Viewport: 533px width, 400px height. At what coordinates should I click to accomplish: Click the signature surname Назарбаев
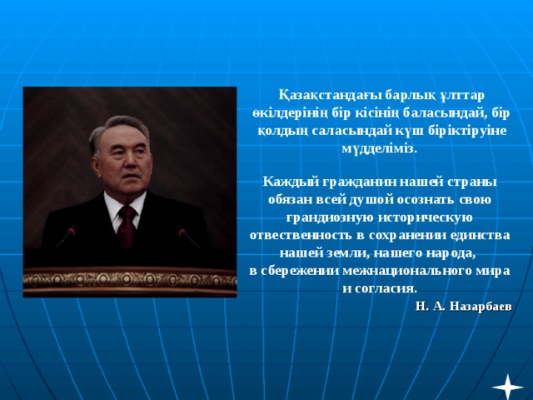pyautogui.click(x=479, y=306)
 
